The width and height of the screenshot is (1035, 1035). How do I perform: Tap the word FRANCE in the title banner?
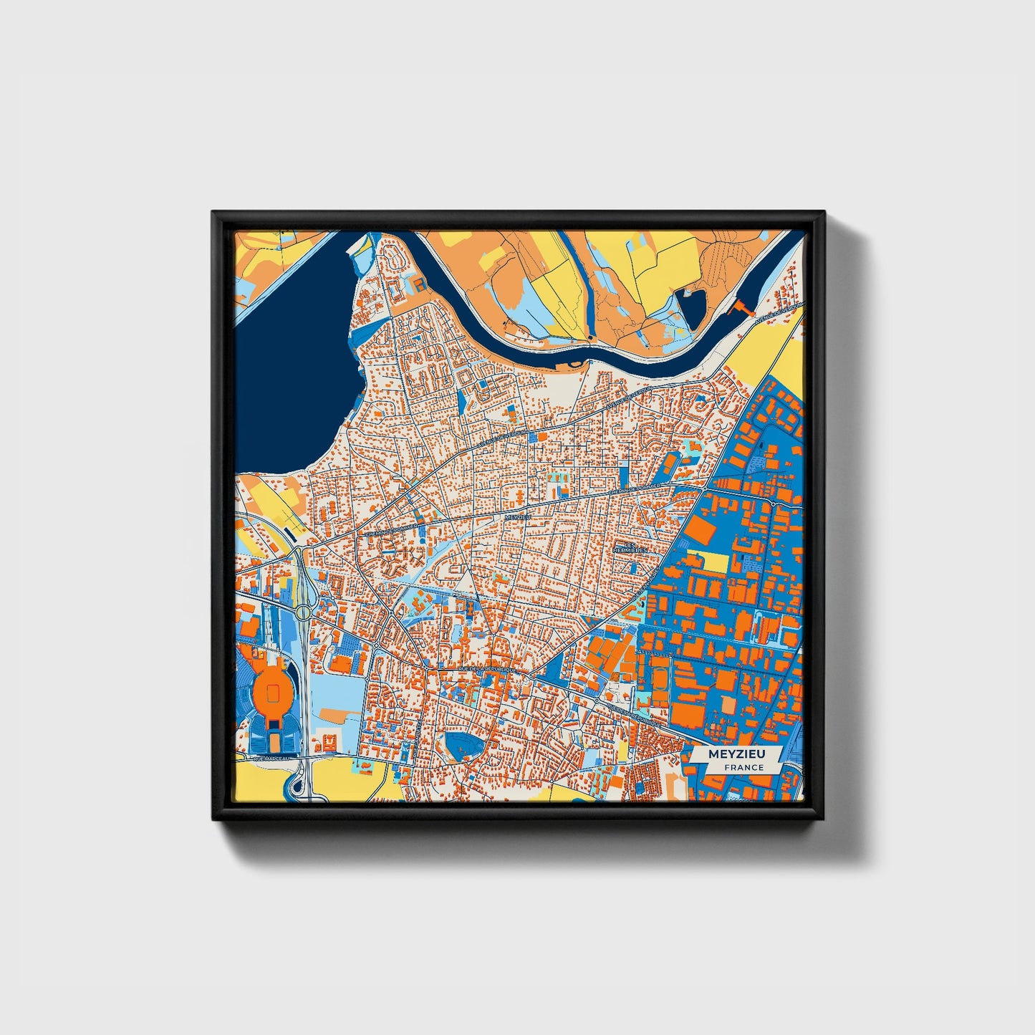pos(743,768)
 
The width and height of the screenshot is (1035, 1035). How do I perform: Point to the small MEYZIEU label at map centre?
pos(517,516)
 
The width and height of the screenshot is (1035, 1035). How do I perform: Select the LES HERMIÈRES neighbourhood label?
pos(630,547)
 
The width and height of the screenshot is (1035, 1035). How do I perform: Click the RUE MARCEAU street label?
pos(270,758)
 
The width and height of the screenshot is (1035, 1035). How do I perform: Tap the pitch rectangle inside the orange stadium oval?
pos(273,692)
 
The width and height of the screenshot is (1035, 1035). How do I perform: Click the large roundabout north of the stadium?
pos(304,612)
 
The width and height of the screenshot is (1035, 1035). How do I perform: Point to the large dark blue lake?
pos(294,387)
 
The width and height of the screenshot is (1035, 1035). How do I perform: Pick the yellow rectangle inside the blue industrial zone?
pos(715,562)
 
